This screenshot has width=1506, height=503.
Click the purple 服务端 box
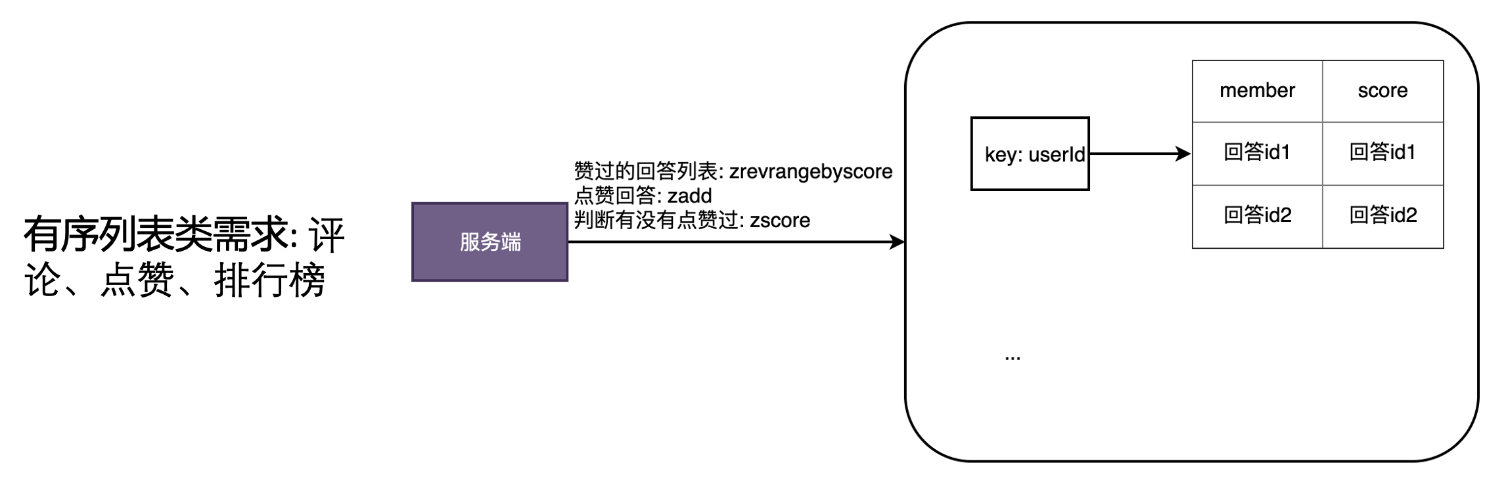click(490, 242)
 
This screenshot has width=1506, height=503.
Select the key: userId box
click(1030, 154)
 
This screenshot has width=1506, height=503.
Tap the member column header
click(1256, 91)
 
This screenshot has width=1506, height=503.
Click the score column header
click(1382, 91)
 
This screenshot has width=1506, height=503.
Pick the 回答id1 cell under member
click(1256, 152)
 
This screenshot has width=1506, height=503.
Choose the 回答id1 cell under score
click(1382, 152)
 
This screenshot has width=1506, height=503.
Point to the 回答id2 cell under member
click(1256, 215)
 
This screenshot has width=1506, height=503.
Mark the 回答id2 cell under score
click(1382, 215)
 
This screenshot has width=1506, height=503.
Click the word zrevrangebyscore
click(811, 171)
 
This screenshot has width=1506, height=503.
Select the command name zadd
click(689, 196)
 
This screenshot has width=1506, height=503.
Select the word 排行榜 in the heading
click(269, 280)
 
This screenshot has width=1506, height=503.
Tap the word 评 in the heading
click(327, 235)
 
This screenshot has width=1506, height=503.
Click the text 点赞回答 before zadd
click(614, 196)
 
